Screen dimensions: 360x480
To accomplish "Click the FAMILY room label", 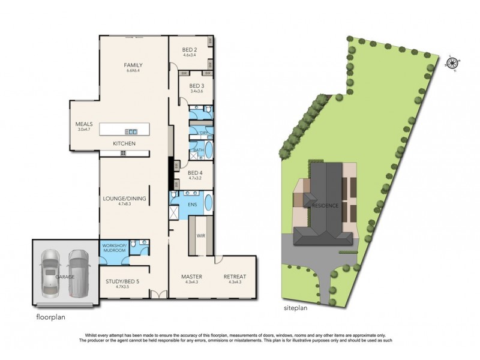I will [x=133, y=65].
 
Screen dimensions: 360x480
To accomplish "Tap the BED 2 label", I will [x=191, y=50].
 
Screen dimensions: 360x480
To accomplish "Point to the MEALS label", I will [x=83, y=124].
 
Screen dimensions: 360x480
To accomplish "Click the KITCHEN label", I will [x=124, y=144].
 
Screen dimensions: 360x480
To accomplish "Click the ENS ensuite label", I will [x=192, y=205].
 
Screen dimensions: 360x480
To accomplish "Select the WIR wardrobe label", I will [x=197, y=236].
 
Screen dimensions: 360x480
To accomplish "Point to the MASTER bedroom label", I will [x=191, y=277].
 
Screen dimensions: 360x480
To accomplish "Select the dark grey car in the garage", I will [x=78, y=272].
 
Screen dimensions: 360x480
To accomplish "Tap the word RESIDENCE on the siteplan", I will [x=325, y=206].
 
